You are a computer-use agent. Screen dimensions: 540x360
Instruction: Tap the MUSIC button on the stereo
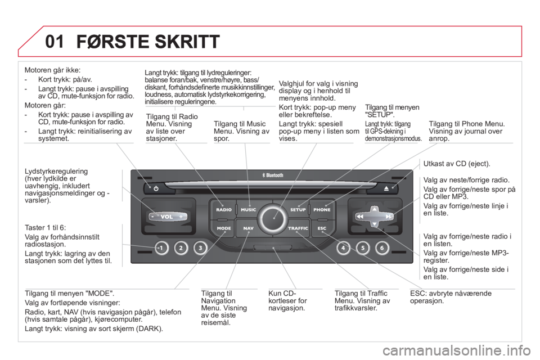pos(248,209)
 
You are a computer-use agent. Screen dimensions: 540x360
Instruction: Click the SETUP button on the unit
pos(298,209)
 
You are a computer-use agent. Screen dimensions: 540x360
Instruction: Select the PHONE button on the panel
pos(322,209)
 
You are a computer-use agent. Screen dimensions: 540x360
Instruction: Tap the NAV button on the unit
pos(248,228)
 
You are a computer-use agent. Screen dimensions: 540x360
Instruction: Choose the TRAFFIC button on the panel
pos(298,228)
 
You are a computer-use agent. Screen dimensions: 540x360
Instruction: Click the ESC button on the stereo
pos(322,228)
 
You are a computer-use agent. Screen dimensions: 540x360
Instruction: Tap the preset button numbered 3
pos(200,247)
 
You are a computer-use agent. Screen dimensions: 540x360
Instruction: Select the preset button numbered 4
pos(343,247)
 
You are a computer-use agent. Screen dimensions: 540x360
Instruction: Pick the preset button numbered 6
pos(382,247)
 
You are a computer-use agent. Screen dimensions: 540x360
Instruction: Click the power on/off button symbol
pos(156,188)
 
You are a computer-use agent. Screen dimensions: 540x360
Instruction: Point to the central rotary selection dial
pos(273,218)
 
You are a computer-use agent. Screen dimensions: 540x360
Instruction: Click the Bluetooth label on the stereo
pos(273,175)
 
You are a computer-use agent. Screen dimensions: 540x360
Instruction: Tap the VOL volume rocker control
pos(168,217)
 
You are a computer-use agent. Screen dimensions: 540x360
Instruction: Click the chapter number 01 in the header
pos(55,42)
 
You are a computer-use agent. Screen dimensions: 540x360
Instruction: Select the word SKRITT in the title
pos(187,42)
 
